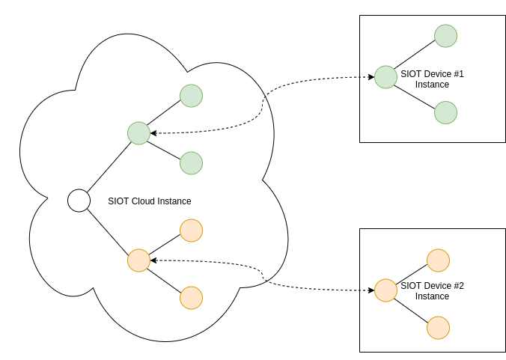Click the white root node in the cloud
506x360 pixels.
point(79,201)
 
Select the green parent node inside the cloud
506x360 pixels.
point(138,133)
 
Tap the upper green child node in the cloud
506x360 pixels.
point(191,96)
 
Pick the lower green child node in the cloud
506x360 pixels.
point(191,163)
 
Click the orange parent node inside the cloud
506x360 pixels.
point(138,260)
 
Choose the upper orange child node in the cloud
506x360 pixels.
point(191,231)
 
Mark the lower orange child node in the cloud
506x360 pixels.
point(191,298)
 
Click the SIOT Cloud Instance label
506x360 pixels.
point(150,201)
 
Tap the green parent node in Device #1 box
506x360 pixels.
point(385,77)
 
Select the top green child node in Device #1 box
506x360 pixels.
point(445,36)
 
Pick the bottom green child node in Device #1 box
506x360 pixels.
point(445,112)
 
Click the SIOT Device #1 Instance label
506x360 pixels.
point(433,79)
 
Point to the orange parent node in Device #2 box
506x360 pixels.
point(385,290)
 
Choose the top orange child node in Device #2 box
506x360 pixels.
point(438,260)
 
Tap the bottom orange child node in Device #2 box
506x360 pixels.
point(438,328)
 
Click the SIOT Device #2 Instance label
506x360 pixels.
point(433,291)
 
